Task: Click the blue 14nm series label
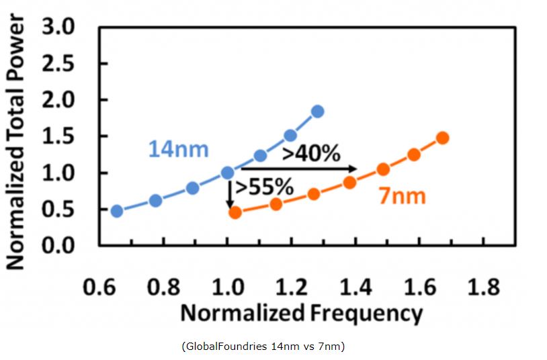click(x=178, y=148)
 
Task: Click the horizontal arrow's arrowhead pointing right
click(x=352, y=169)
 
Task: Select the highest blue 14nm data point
click(x=317, y=111)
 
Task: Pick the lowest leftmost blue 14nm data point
click(x=117, y=211)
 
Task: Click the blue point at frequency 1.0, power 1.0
click(x=228, y=173)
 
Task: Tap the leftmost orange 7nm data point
click(x=235, y=212)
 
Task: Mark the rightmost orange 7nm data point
click(x=442, y=138)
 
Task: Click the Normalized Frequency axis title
click(x=302, y=313)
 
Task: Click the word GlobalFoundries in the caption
click(x=218, y=346)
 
